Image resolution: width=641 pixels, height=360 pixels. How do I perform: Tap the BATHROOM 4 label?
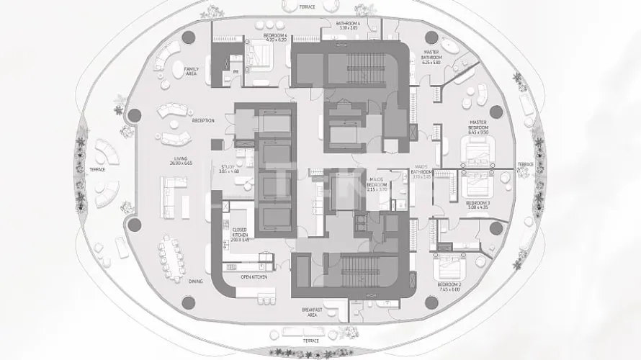[x=348, y=24]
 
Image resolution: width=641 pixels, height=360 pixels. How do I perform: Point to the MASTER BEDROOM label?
[x=478, y=123]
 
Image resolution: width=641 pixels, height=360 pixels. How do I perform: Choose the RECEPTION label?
[x=203, y=121]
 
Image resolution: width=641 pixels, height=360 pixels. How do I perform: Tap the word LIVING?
[x=180, y=159]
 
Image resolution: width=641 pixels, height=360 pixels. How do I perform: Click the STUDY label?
[x=228, y=166]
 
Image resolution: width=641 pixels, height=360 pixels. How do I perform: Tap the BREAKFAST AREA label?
[x=311, y=311]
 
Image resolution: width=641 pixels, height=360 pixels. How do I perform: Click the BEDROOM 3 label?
[x=478, y=204]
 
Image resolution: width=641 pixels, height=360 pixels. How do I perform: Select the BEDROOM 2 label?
[x=451, y=285]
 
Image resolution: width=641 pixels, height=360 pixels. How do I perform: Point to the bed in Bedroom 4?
[x=258, y=54]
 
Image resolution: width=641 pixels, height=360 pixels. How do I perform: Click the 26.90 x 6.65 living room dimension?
[x=180, y=164]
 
